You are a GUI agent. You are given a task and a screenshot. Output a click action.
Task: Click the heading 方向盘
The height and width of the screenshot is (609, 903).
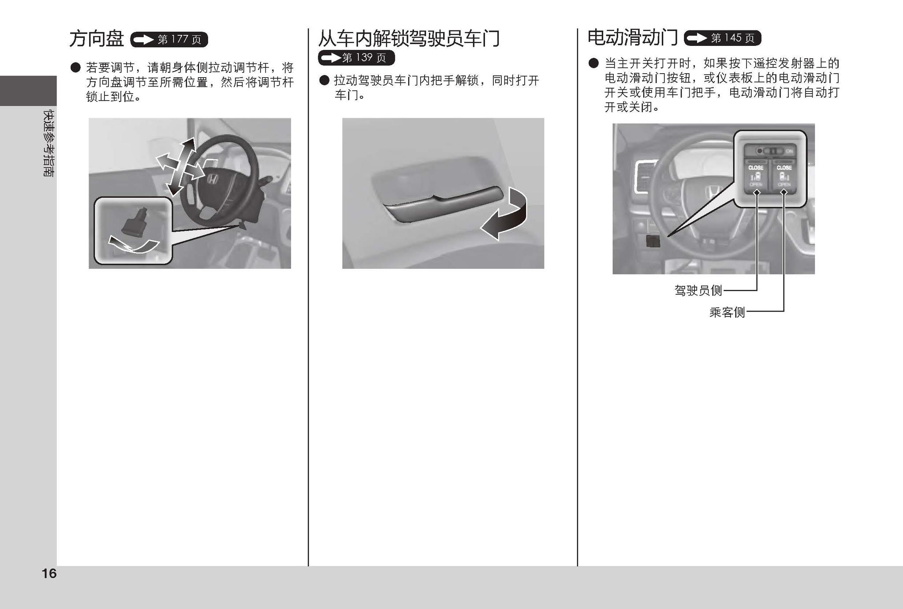(x=96, y=39)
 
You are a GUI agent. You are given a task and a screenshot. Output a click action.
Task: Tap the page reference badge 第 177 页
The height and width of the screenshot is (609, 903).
(x=169, y=40)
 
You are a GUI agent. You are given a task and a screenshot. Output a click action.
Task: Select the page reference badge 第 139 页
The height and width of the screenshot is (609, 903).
(x=356, y=58)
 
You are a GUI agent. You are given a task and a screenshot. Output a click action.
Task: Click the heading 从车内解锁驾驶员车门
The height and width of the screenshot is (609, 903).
(x=409, y=38)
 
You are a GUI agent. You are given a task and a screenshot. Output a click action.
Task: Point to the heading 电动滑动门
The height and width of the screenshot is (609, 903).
(x=632, y=38)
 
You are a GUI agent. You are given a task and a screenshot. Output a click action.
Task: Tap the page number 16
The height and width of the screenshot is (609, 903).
(x=49, y=573)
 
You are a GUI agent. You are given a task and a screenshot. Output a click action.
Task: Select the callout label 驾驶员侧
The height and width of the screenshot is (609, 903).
(x=698, y=290)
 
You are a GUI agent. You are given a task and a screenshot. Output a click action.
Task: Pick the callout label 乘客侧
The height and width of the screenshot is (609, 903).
(x=727, y=312)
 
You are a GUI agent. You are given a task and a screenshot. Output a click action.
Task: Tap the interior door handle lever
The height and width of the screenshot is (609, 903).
(x=441, y=205)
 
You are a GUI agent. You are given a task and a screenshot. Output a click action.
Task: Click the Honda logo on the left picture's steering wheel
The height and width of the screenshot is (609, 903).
(x=213, y=180)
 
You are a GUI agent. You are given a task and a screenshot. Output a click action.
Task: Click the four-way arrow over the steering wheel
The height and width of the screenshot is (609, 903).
(x=178, y=167)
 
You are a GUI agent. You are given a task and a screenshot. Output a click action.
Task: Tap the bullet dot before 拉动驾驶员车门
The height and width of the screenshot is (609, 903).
(x=325, y=80)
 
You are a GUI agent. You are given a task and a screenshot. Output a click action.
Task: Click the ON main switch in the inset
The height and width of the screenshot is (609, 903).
(x=774, y=151)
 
